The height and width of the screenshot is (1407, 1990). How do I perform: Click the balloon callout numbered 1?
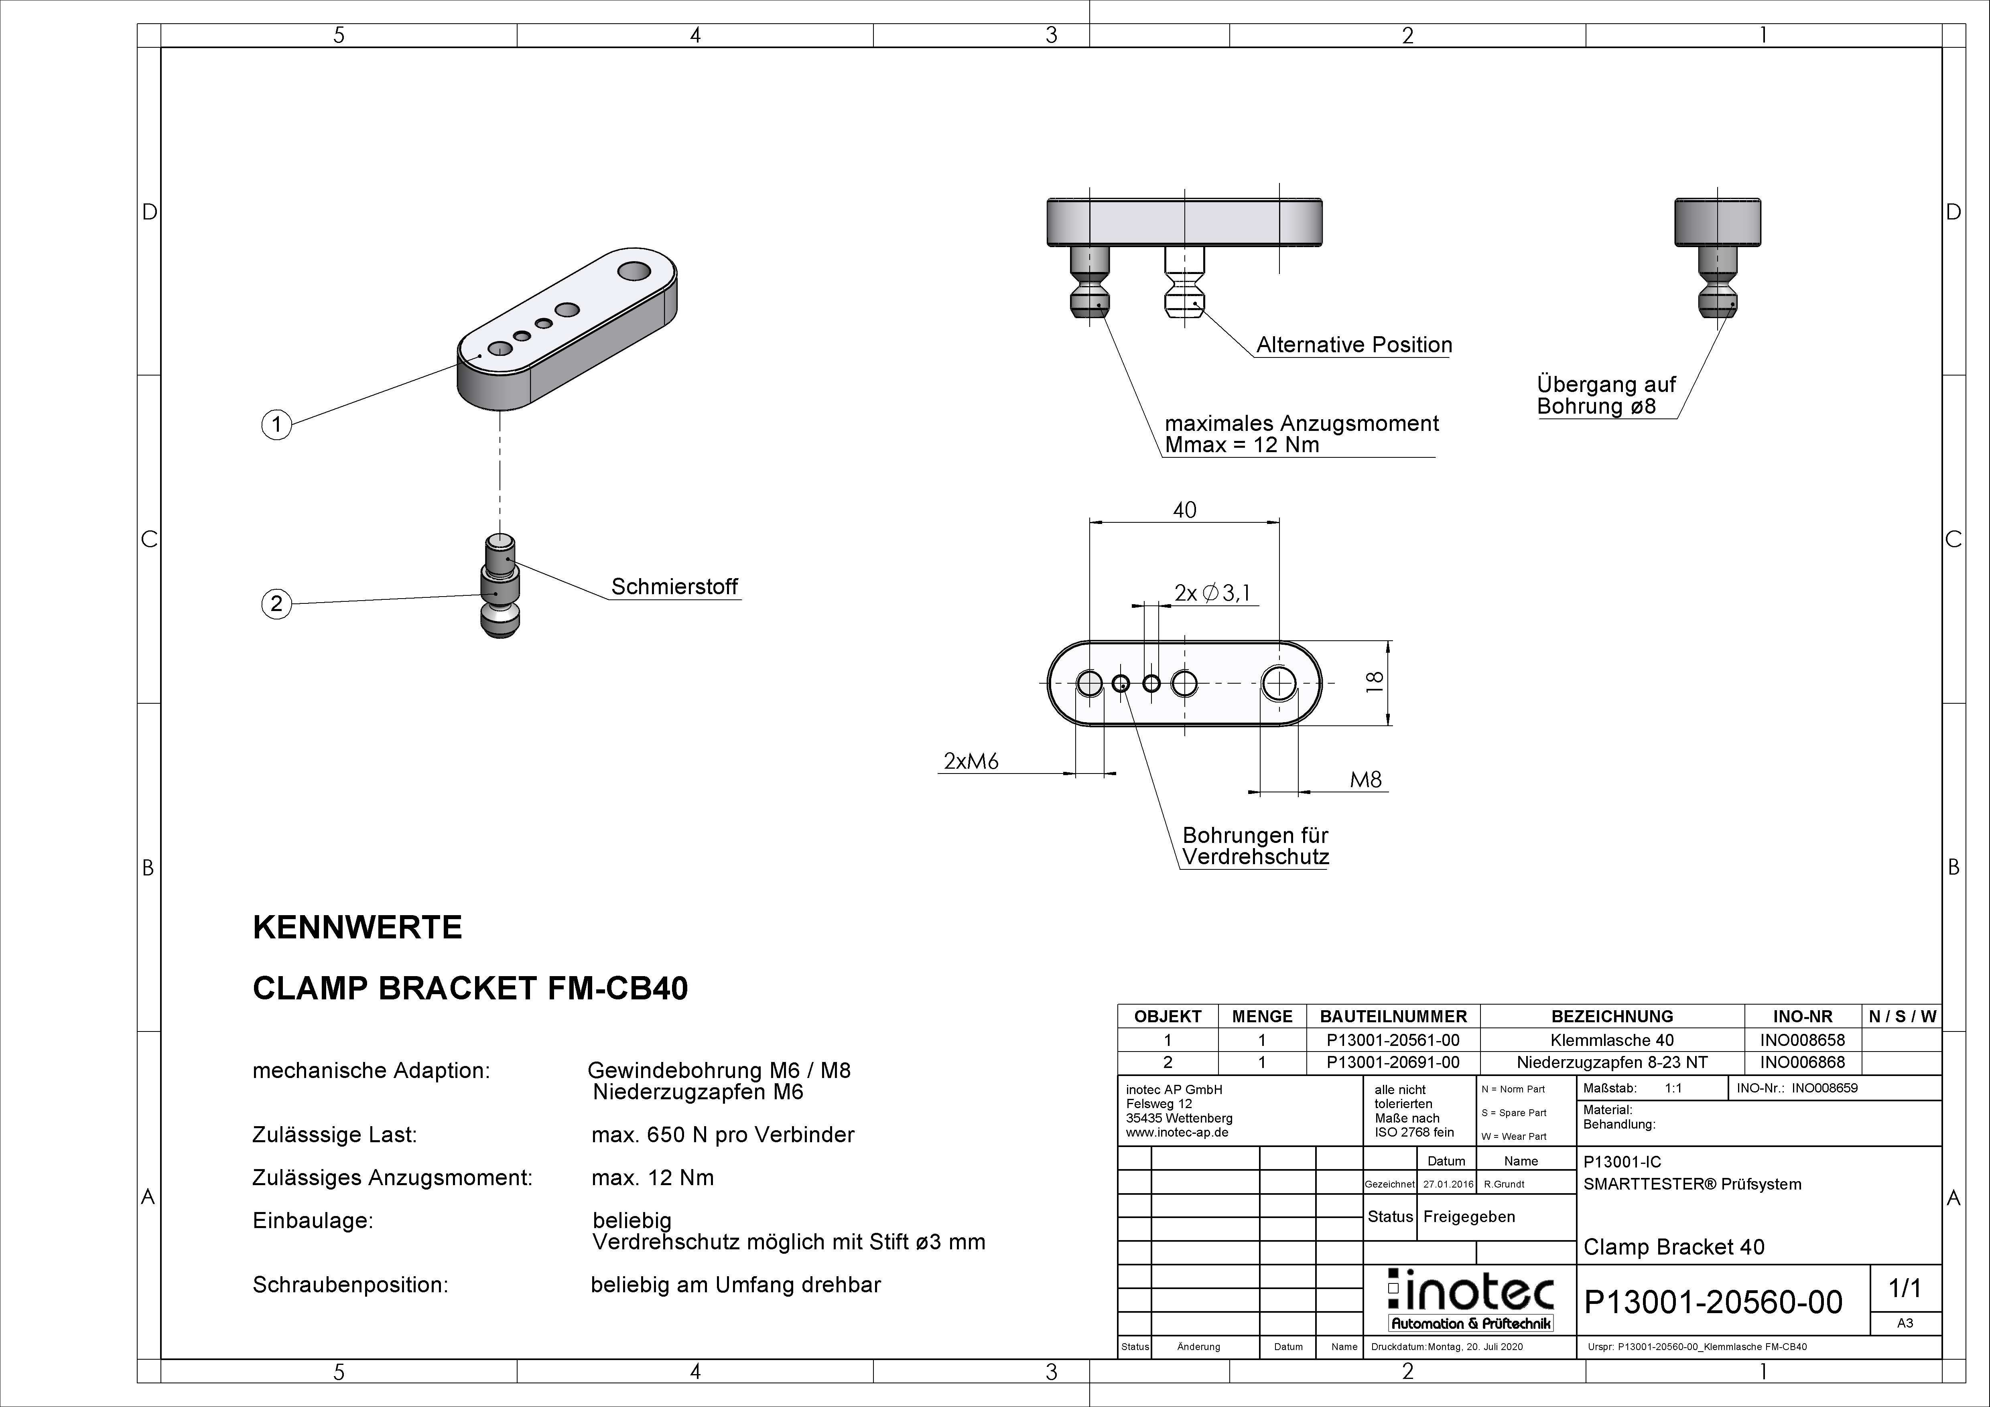tap(276, 425)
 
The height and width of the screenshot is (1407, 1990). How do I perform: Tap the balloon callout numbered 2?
tap(276, 604)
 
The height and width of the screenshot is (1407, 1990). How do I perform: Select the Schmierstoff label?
tap(674, 587)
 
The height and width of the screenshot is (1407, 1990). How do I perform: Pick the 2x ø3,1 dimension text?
tap(1212, 593)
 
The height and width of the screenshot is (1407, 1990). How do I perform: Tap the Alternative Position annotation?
tap(1354, 345)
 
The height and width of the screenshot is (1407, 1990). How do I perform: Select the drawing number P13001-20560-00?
tap(1713, 1302)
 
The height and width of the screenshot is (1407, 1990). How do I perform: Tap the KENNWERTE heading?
tap(357, 928)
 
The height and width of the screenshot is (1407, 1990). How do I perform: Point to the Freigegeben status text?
tap(1469, 1216)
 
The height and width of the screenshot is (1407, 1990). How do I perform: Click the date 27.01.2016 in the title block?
tap(1448, 1184)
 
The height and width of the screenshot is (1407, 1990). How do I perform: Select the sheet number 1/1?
tap(1904, 1289)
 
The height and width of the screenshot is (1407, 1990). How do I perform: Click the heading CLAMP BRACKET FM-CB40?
tap(470, 988)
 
